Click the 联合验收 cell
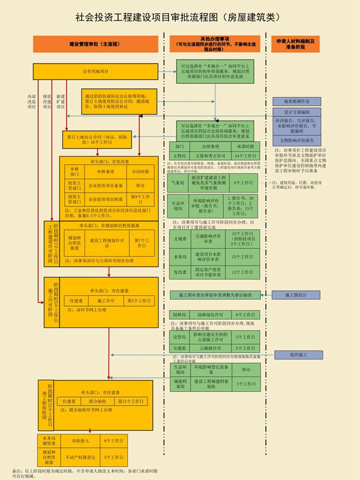pos(98,400)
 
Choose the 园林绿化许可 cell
pos(211,314)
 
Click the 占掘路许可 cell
pos(211,348)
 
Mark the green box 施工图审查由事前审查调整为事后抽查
pos(215,295)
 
